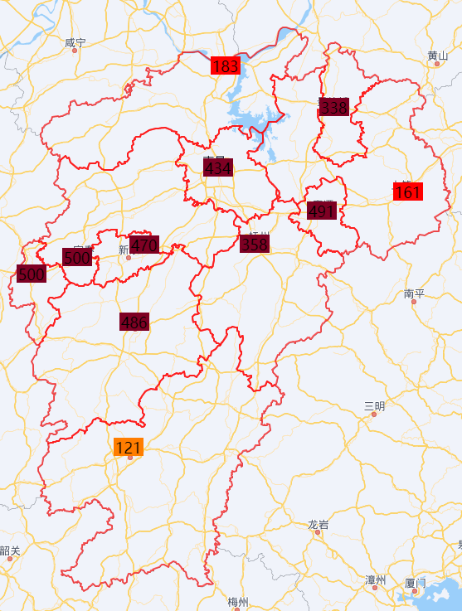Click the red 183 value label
(x=225, y=66)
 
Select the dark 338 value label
(x=333, y=107)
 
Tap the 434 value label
(x=218, y=167)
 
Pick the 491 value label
(x=322, y=211)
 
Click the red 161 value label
(x=407, y=192)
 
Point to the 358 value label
(x=255, y=244)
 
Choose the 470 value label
(x=144, y=245)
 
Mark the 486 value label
(x=134, y=322)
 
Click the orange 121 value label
(x=129, y=448)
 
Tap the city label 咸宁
(x=75, y=41)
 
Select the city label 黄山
(x=437, y=56)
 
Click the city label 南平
(x=414, y=293)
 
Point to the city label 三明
(x=374, y=405)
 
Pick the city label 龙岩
(x=318, y=524)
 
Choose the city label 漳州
(x=376, y=579)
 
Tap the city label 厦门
(x=415, y=583)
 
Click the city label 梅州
(x=238, y=601)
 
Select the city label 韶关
(x=10, y=550)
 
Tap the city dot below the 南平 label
(x=414, y=303)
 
